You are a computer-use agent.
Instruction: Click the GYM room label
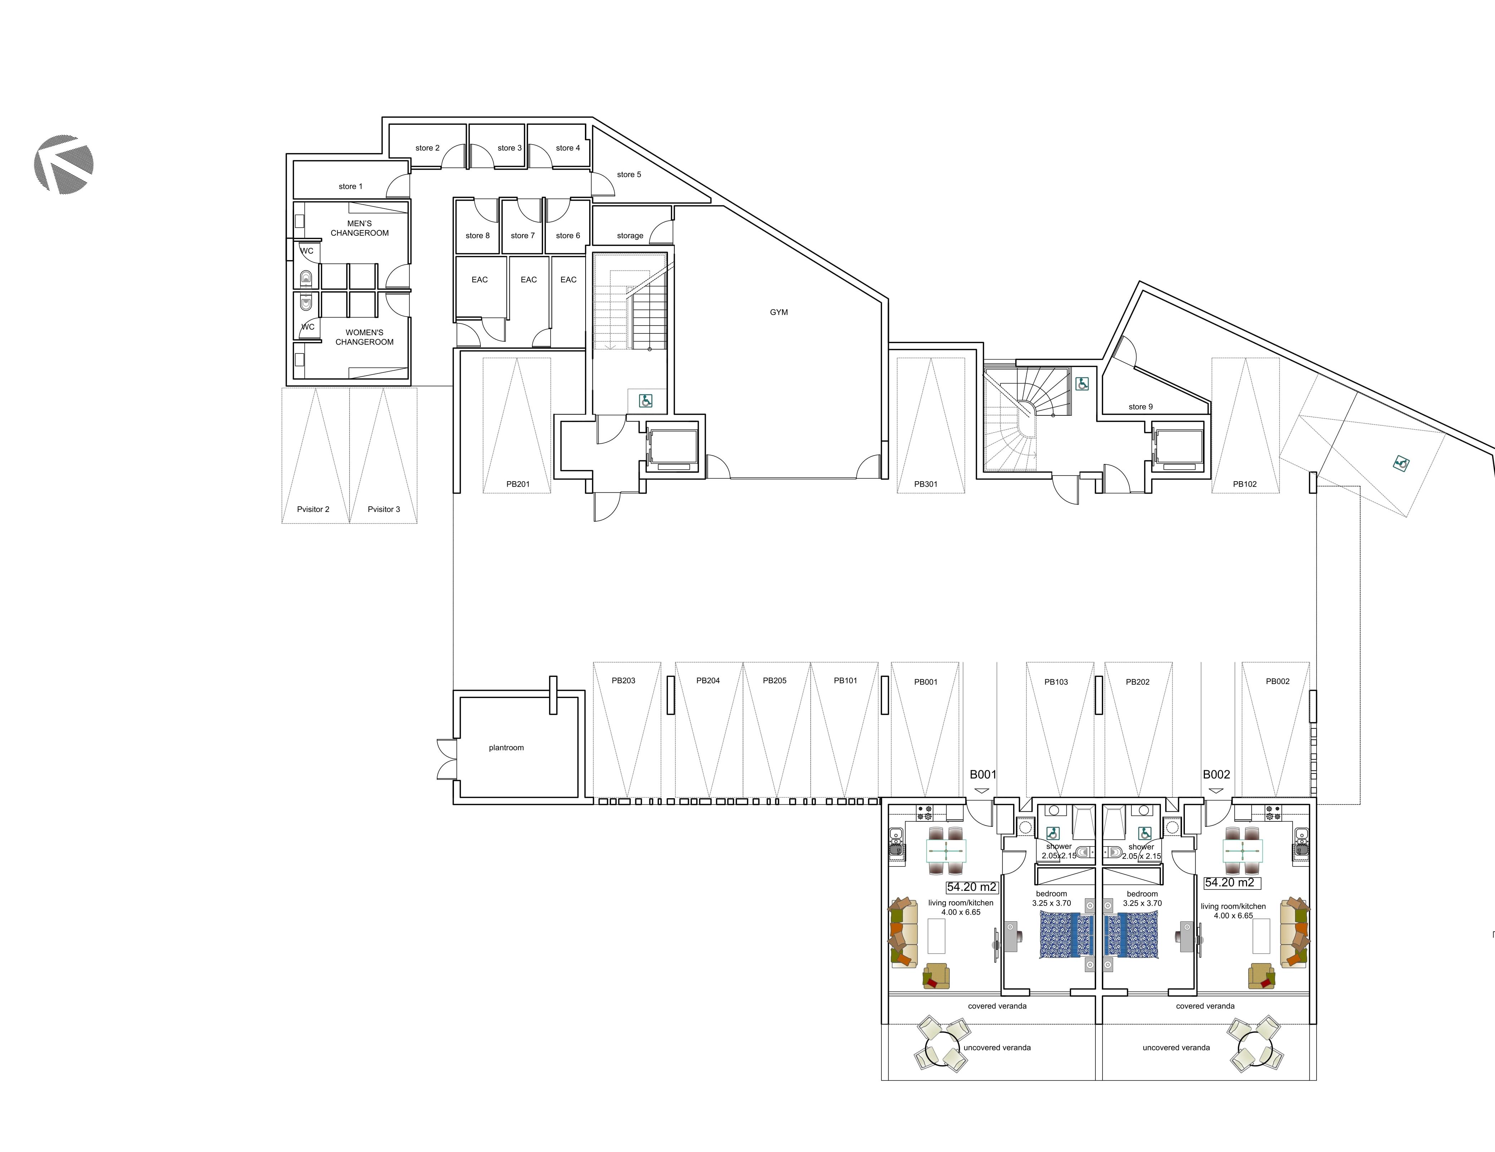tap(778, 312)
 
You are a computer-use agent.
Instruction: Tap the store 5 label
tap(629, 175)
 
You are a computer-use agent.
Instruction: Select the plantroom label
tap(506, 747)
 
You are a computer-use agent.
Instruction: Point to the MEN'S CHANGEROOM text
tap(360, 228)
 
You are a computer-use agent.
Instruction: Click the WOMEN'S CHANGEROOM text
tap(364, 337)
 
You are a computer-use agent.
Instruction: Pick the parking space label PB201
tap(518, 484)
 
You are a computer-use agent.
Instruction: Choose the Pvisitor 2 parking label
tap(313, 509)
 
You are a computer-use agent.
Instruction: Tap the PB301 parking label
tap(925, 484)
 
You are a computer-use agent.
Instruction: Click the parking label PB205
tap(774, 680)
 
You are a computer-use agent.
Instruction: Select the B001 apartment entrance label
tap(982, 774)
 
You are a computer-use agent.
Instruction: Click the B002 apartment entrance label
tap(1216, 774)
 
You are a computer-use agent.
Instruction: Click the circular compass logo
tap(64, 164)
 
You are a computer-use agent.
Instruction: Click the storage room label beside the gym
tap(630, 235)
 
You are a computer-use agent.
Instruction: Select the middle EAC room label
tap(528, 279)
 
